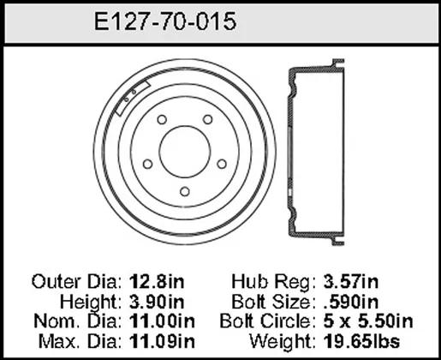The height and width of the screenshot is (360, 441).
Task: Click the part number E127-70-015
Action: click(x=165, y=21)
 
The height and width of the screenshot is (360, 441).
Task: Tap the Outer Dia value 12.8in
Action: click(x=157, y=282)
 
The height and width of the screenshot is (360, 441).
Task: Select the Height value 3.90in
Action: click(x=157, y=302)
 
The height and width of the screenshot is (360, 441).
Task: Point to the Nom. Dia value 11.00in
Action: click(x=162, y=321)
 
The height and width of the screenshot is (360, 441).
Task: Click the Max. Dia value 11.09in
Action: click(x=162, y=341)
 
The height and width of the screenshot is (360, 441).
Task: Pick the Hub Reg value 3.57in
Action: click(x=351, y=282)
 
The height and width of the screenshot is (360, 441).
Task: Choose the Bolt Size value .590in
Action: click(x=351, y=302)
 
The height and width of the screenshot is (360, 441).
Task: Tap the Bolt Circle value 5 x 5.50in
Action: click(x=368, y=321)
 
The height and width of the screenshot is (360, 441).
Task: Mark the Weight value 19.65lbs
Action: click(x=361, y=341)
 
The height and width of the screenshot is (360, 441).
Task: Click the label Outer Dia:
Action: click(x=77, y=282)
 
